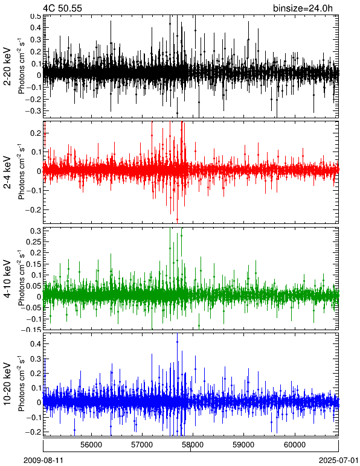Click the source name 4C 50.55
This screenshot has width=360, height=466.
click(62, 8)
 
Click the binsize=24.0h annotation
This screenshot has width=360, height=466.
click(303, 8)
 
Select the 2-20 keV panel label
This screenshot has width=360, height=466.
click(7, 67)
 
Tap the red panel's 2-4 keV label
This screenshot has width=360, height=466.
click(7, 173)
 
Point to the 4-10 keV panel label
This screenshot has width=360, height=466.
click(7, 279)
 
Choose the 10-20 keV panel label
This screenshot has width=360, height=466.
click(7, 384)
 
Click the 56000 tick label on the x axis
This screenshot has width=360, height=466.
click(91, 445)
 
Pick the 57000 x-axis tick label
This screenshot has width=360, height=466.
click(142, 445)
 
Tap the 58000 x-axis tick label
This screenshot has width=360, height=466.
click(193, 445)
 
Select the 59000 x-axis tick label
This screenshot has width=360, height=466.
click(244, 445)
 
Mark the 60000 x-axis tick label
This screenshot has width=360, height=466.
click(295, 445)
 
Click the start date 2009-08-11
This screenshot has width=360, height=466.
click(43, 461)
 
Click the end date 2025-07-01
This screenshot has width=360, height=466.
click(339, 461)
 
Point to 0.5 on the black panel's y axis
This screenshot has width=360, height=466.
click(36, 16)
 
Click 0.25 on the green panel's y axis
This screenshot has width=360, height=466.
click(34, 241)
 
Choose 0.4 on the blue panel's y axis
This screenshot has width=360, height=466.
click(36, 344)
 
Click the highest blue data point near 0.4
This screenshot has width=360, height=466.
click(177, 342)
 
